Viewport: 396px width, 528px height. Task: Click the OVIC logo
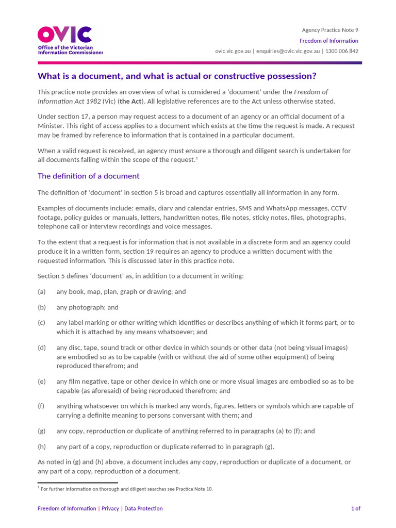click(x=70, y=41)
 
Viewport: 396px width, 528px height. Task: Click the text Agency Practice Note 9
click(x=330, y=30)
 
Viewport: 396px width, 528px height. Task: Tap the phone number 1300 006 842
click(x=342, y=51)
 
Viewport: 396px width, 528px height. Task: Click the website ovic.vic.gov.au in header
click(x=233, y=51)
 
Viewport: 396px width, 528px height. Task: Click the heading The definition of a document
click(x=89, y=176)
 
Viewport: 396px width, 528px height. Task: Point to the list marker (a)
click(x=42, y=291)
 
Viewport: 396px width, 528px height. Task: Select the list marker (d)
click(x=42, y=348)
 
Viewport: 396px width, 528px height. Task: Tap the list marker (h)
click(x=42, y=447)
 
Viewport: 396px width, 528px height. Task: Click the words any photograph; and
click(x=87, y=307)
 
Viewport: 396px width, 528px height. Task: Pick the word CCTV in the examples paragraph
click(x=338, y=208)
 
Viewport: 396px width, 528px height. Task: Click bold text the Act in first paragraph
click(x=130, y=101)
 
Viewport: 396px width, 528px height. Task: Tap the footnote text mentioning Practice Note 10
click(x=126, y=489)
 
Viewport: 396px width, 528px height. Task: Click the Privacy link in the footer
click(x=110, y=508)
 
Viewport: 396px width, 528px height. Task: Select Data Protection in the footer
click(x=143, y=508)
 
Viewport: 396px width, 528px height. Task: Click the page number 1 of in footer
click(x=355, y=508)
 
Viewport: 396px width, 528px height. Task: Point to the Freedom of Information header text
click(x=329, y=41)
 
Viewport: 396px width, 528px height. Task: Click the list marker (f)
click(x=42, y=406)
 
